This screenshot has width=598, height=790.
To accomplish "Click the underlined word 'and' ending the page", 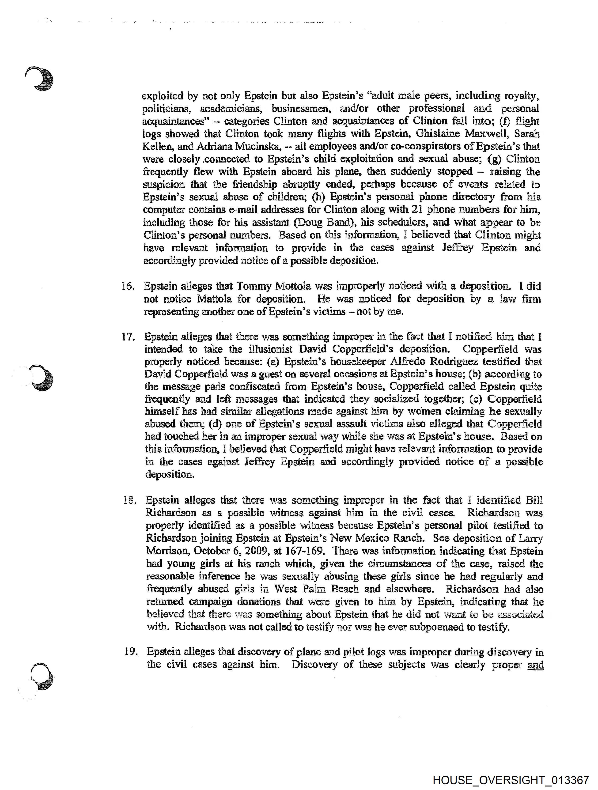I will pos(535,665).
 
